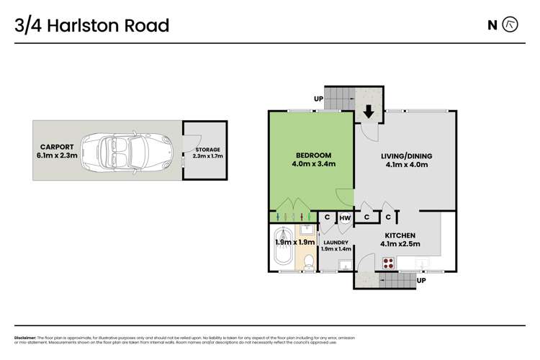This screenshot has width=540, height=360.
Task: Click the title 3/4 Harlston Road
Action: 91,26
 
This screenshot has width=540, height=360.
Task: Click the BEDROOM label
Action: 312,156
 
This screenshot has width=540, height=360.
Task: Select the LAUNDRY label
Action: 336,243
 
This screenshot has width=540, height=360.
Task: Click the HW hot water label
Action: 345,217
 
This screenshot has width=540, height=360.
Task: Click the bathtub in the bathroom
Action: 286,248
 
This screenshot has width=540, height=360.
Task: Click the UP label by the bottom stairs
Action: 421,279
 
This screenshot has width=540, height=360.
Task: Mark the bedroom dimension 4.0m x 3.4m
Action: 312,165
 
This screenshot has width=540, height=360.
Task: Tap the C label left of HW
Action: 327,217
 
